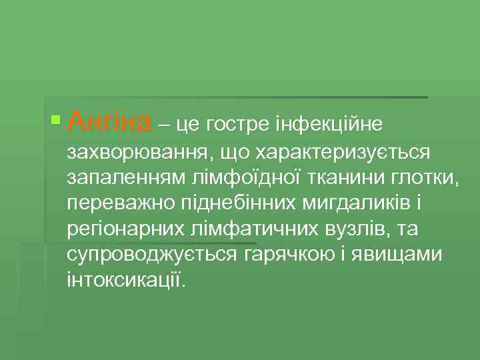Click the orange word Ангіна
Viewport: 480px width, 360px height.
[110, 122]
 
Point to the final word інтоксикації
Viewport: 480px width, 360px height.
[123, 279]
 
